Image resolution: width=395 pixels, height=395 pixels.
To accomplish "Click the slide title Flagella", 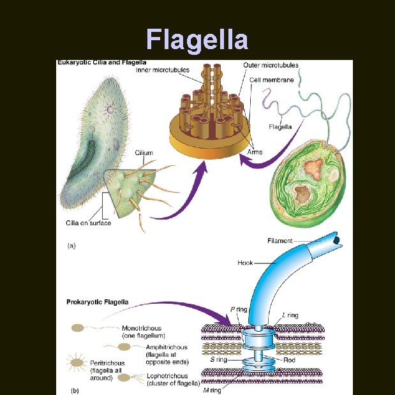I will [x=197, y=40].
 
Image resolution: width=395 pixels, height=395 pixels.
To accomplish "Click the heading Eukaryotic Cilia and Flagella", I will [x=102, y=63].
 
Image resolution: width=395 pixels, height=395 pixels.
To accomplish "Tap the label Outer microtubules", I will [x=271, y=65].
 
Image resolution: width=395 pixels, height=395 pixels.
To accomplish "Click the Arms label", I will [x=255, y=153].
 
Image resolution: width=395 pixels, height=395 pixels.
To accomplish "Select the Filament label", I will [x=280, y=241].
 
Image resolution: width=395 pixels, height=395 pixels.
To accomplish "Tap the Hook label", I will [x=245, y=262].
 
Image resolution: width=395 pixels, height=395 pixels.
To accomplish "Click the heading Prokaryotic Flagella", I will [x=98, y=302].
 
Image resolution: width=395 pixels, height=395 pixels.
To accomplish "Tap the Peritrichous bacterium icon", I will [x=77, y=362].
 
